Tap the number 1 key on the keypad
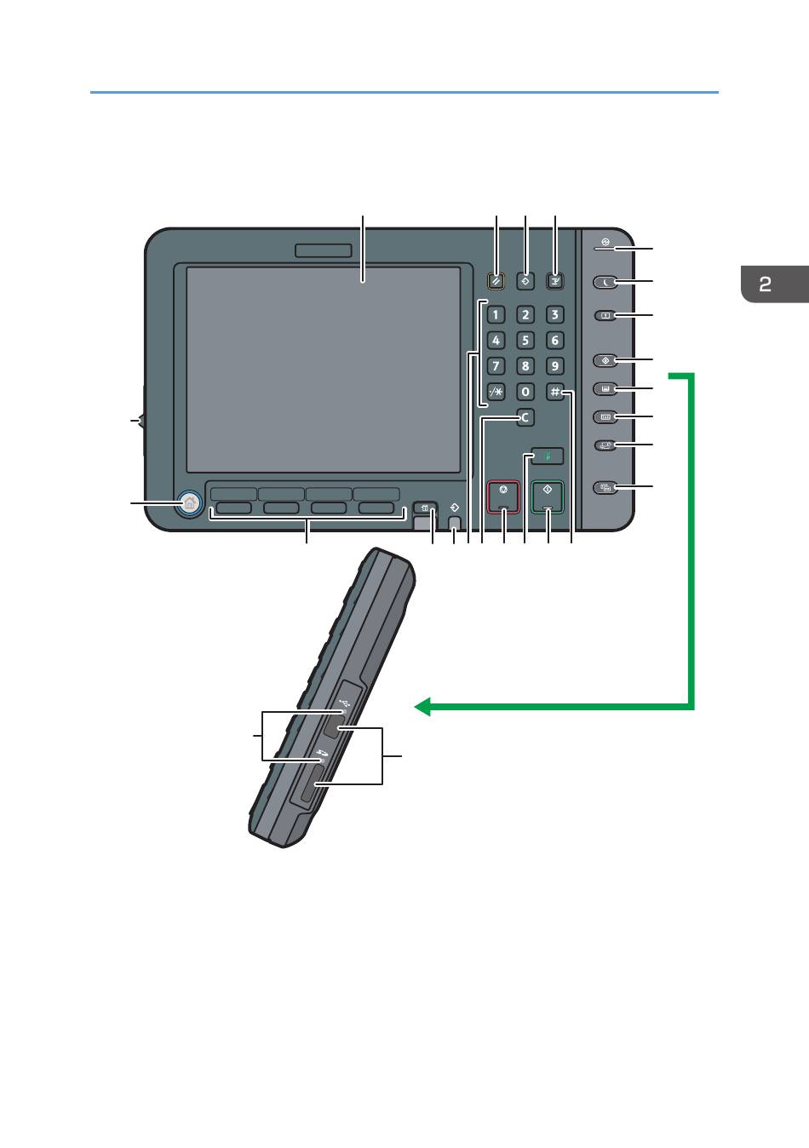point(496,315)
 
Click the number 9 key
point(554,366)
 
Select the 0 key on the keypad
point(525,392)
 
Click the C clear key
point(525,418)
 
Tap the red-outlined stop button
point(503,497)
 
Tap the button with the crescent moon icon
point(605,282)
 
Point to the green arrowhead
point(422,706)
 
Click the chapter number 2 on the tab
point(766,284)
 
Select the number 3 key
point(554,315)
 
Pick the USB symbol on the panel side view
point(343,703)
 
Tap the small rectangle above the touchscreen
point(324,250)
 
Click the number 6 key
point(554,341)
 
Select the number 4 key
point(496,341)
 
